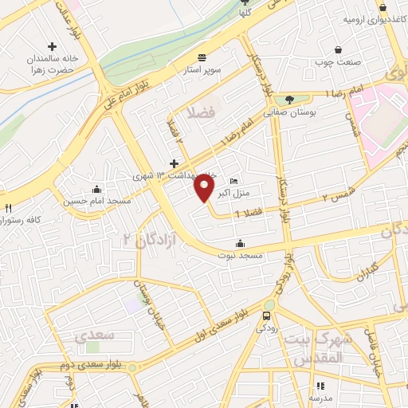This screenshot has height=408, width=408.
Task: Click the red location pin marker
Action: pyautogui.click(x=204, y=188)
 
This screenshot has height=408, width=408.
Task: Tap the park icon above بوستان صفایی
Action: pyautogui.click(x=289, y=99)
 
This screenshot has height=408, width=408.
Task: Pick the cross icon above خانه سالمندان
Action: pyautogui.click(x=53, y=47)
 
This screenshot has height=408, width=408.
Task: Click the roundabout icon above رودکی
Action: pyautogui.click(x=269, y=305)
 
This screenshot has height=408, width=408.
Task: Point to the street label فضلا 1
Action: pyautogui.click(x=249, y=213)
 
